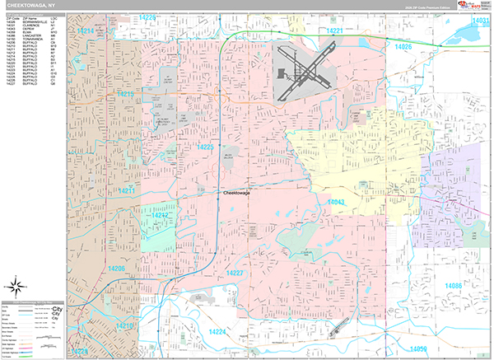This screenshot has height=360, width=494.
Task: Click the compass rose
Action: [x=16, y=287]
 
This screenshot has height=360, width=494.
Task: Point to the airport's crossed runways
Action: [x=303, y=71]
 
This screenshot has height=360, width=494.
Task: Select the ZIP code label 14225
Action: [x=205, y=147]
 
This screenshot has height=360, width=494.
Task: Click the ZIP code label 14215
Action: [x=126, y=96]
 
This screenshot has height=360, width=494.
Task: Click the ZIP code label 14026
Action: [x=404, y=47]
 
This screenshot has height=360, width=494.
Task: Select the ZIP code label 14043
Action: [x=335, y=202]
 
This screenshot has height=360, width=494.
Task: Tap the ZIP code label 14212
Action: [x=159, y=216]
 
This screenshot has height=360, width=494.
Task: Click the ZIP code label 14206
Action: [x=115, y=269]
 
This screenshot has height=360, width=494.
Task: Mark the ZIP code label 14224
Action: [x=218, y=331]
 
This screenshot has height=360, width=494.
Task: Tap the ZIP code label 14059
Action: [x=419, y=350]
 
